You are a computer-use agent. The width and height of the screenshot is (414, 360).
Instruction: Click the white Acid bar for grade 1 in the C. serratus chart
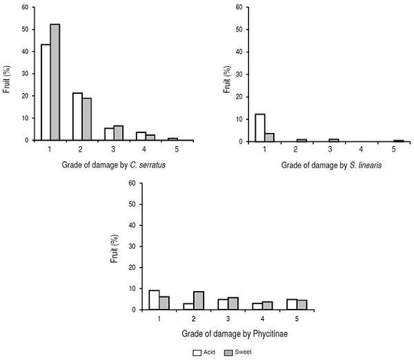(x=46, y=92)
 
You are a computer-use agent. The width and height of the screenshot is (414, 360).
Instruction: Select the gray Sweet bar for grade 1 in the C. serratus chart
(x=55, y=82)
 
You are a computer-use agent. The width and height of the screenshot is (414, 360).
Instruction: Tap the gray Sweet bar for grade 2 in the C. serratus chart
(x=87, y=119)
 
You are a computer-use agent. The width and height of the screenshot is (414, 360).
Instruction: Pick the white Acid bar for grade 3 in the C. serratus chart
(x=109, y=134)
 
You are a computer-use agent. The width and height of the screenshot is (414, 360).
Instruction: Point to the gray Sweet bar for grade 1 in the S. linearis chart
(x=270, y=137)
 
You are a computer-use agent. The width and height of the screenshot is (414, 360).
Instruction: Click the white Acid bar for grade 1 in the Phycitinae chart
(x=155, y=300)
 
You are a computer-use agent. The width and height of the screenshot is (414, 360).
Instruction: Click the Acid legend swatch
(x=196, y=351)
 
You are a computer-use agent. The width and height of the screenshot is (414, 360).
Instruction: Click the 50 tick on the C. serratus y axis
(x=26, y=30)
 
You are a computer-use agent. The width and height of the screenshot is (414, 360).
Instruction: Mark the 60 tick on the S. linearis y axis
(x=239, y=8)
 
